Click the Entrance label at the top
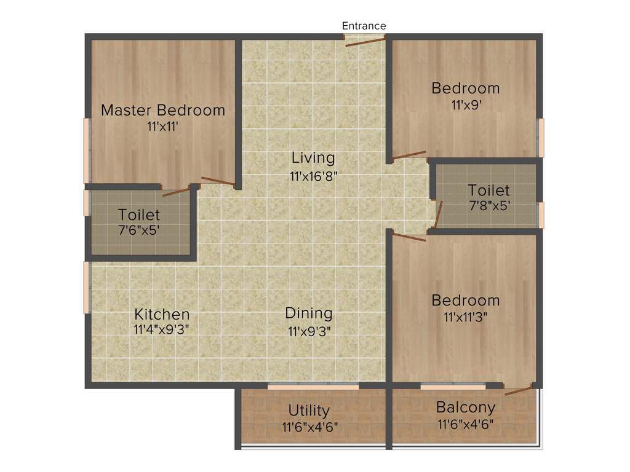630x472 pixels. click(364, 26)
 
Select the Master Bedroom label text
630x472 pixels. click(163, 111)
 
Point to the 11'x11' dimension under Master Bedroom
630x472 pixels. click(163, 127)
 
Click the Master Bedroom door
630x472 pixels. click(218, 181)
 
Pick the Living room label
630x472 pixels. click(313, 158)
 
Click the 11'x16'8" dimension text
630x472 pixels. click(313, 176)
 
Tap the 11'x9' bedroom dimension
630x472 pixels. click(466, 104)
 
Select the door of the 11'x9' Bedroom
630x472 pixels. click(409, 155)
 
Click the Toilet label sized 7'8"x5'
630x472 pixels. click(488, 191)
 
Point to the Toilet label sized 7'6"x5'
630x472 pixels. click(139, 215)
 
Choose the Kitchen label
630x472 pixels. click(162, 314)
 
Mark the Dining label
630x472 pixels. click(309, 313)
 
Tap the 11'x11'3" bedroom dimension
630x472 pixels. click(466, 318)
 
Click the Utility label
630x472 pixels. click(309, 410)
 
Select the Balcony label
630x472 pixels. click(466, 407)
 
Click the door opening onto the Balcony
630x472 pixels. click(518, 390)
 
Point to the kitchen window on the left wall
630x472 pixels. click(87, 288)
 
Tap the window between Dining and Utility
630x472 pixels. click(313, 387)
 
